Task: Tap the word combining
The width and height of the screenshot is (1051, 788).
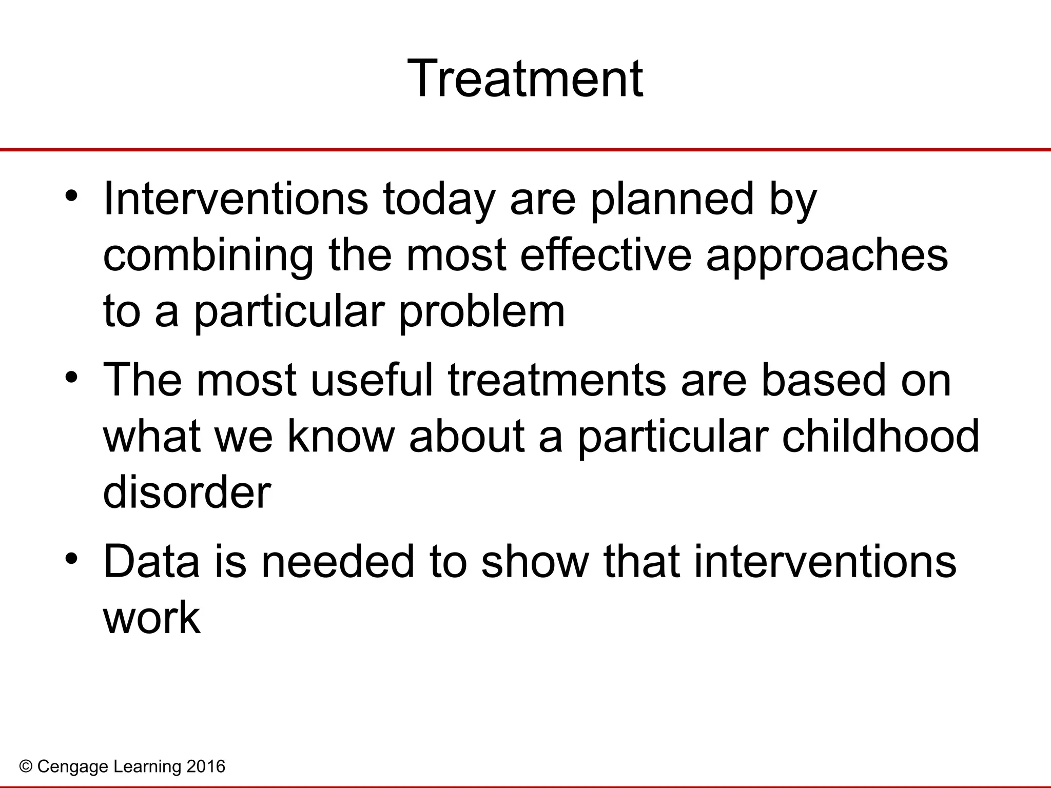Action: click(208, 257)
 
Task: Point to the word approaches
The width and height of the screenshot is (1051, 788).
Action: click(827, 257)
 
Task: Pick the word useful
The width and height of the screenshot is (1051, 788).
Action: click(372, 380)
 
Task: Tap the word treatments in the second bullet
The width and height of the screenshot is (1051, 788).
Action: click(557, 381)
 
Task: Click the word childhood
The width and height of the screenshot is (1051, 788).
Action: click(881, 436)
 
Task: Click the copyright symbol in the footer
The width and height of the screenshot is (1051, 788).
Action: click(26, 767)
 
